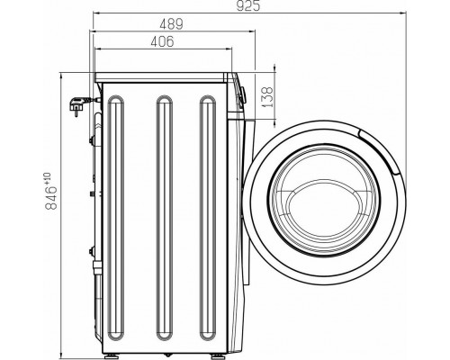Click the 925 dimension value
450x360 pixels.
247,5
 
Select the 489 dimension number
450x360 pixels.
171,24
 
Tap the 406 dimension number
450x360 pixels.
162,41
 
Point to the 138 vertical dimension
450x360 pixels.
266,97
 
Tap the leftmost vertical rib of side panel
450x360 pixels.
116,218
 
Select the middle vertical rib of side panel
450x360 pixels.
165,218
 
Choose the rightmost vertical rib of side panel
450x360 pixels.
208,218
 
